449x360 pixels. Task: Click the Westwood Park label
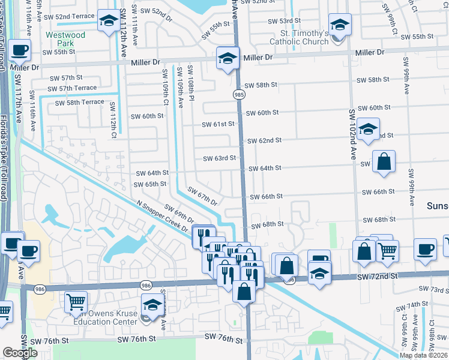[x=66, y=40]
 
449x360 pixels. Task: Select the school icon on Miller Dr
[x=228, y=58]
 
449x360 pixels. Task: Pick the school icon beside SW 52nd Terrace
[x=108, y=22]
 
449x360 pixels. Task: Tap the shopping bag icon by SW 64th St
[x=384, y=161]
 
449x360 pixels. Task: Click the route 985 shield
[x=239, y=95]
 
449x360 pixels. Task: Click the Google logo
[x=19, y=353]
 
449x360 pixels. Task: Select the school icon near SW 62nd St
[x=367, y=128]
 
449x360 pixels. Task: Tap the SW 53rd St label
[x=284, y=20]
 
